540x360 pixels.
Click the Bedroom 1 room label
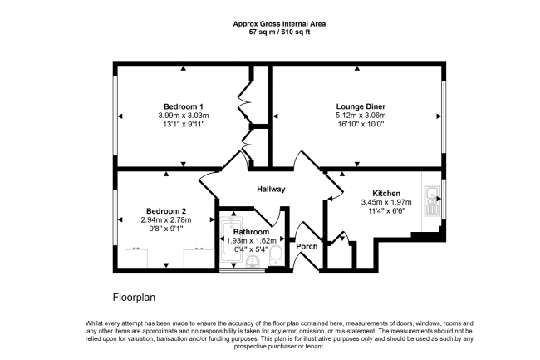tap(184, 106)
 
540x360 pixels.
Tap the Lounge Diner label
tap(360, 106)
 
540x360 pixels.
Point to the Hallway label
tap(270, 190)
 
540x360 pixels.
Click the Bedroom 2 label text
tap(166, 211)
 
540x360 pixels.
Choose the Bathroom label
tap(251, 232)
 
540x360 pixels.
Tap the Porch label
tap(307, 246)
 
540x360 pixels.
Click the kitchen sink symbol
tap(432, 200)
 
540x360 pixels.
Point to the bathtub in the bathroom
tap(228, 241)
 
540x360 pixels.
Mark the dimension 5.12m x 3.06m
tap(360, 116)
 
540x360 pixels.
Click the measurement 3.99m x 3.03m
tap(184, 116)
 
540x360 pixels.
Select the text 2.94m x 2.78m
tap(166, 220)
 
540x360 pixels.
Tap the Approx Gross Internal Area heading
tap(270, 24)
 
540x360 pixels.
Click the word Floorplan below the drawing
tap(134, 297)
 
